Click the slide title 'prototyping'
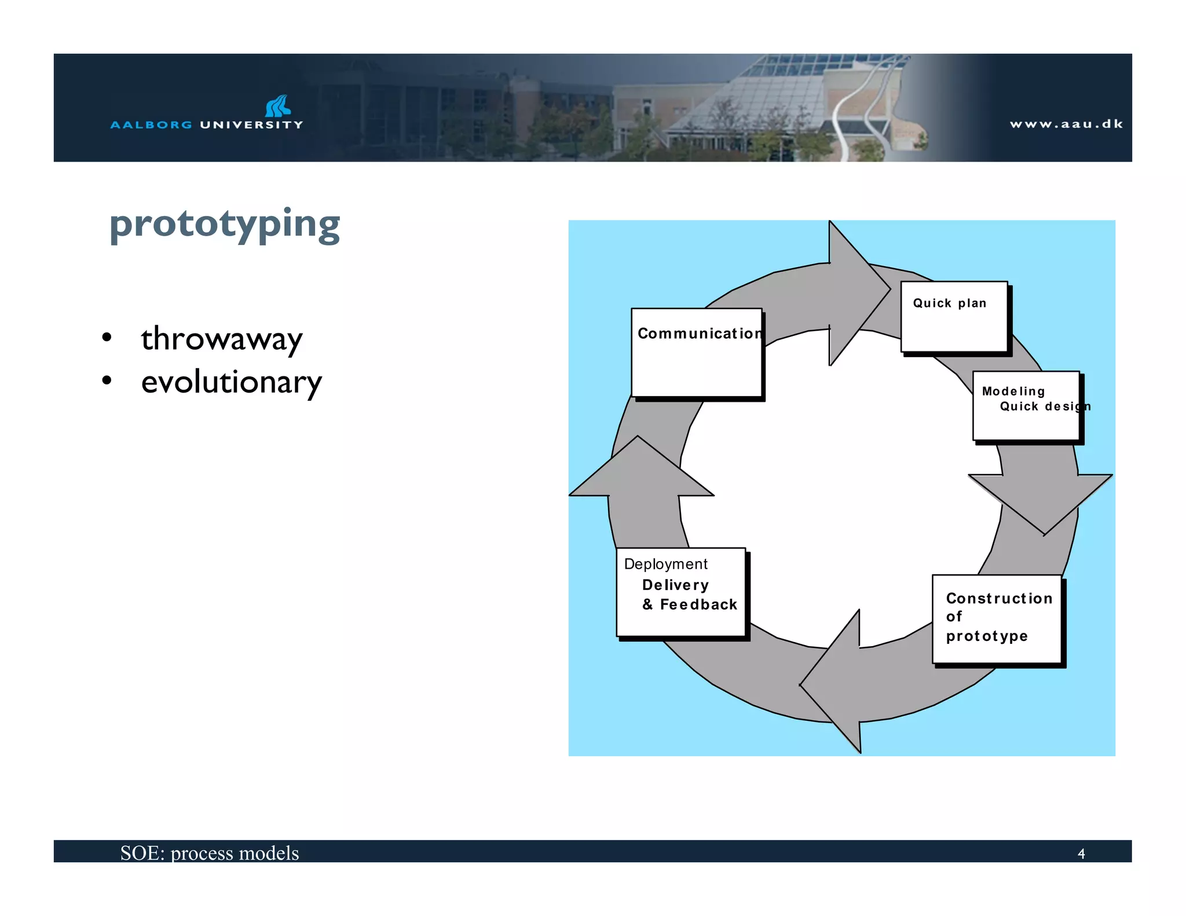tap(225, 225)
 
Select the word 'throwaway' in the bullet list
tap(221, 339)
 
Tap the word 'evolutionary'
tap(231, 382)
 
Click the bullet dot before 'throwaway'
tap(107, 337)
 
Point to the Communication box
tap(697, 353)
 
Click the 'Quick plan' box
tap(954, 317)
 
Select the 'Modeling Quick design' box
tap(1026, 406)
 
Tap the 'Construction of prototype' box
tap(997, 618)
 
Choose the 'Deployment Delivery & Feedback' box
tap(680, 592)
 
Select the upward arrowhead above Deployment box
tap(640, 469)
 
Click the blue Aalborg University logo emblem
tap(278, 106)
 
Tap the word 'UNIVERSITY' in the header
tap(251, 124)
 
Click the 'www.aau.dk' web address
tap(1066, 124)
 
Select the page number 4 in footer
tap(1081, 853)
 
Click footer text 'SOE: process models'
tap(210, 853)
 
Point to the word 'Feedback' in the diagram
tap(698, 604)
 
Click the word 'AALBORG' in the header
tap(151, 124)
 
